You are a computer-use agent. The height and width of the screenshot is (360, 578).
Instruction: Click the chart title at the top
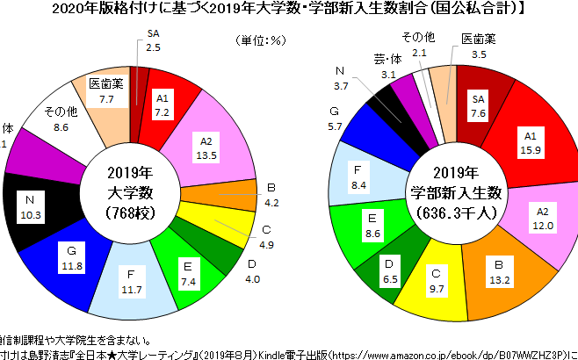(289, 11)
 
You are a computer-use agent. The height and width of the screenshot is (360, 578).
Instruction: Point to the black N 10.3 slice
(32, 210)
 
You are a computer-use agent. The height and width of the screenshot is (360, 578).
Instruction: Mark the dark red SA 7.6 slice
(479, 105)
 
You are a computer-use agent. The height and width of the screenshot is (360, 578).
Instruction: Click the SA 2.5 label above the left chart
(153, 40)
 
